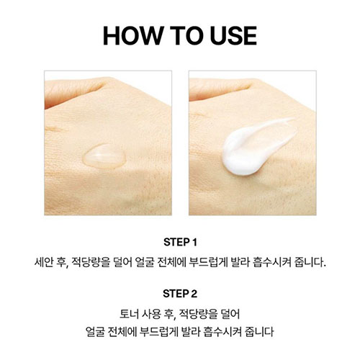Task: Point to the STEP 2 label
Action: (180, 294)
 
